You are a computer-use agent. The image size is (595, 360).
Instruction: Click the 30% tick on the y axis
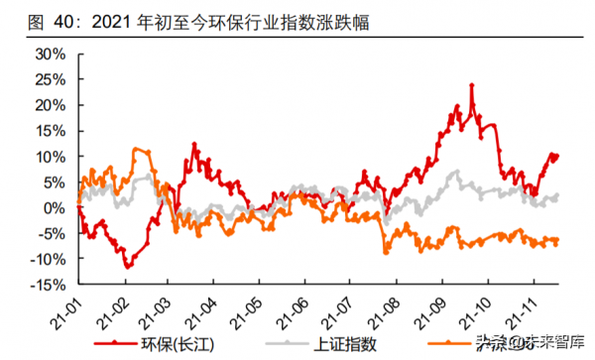click(49, 53)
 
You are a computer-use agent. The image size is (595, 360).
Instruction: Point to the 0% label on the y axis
click(54, 207)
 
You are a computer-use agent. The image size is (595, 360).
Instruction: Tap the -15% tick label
click(47, 285)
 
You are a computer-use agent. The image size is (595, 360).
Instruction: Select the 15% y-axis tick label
click(49, 130)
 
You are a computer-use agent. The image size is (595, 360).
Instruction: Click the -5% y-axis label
click(51, 233)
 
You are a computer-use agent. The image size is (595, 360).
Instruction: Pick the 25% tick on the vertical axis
click(49, 78)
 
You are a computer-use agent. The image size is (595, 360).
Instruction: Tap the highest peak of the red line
click(471, 85)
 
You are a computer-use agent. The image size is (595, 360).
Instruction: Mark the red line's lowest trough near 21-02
click(126, 267)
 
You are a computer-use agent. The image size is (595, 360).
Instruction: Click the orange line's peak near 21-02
click(140, 150)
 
